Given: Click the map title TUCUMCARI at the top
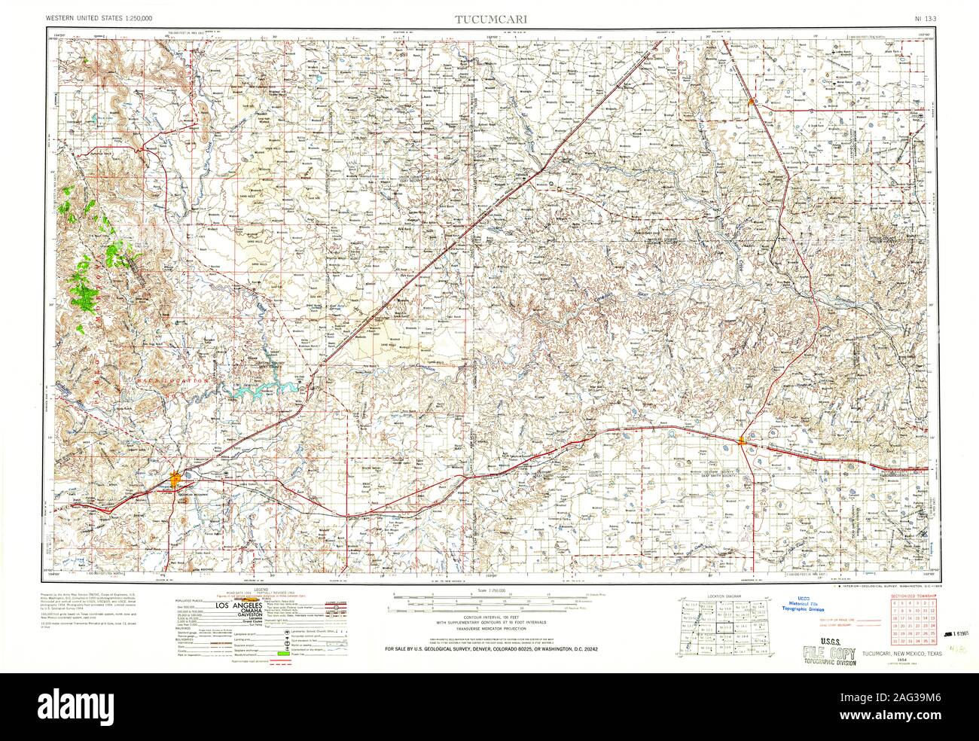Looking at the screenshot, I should click(x=489, y=20).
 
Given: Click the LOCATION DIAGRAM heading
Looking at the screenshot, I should click(x=724, y=596).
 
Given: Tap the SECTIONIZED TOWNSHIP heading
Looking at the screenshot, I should click(x=913, y=596).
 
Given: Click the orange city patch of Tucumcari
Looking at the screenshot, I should click(x=176, y=477).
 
